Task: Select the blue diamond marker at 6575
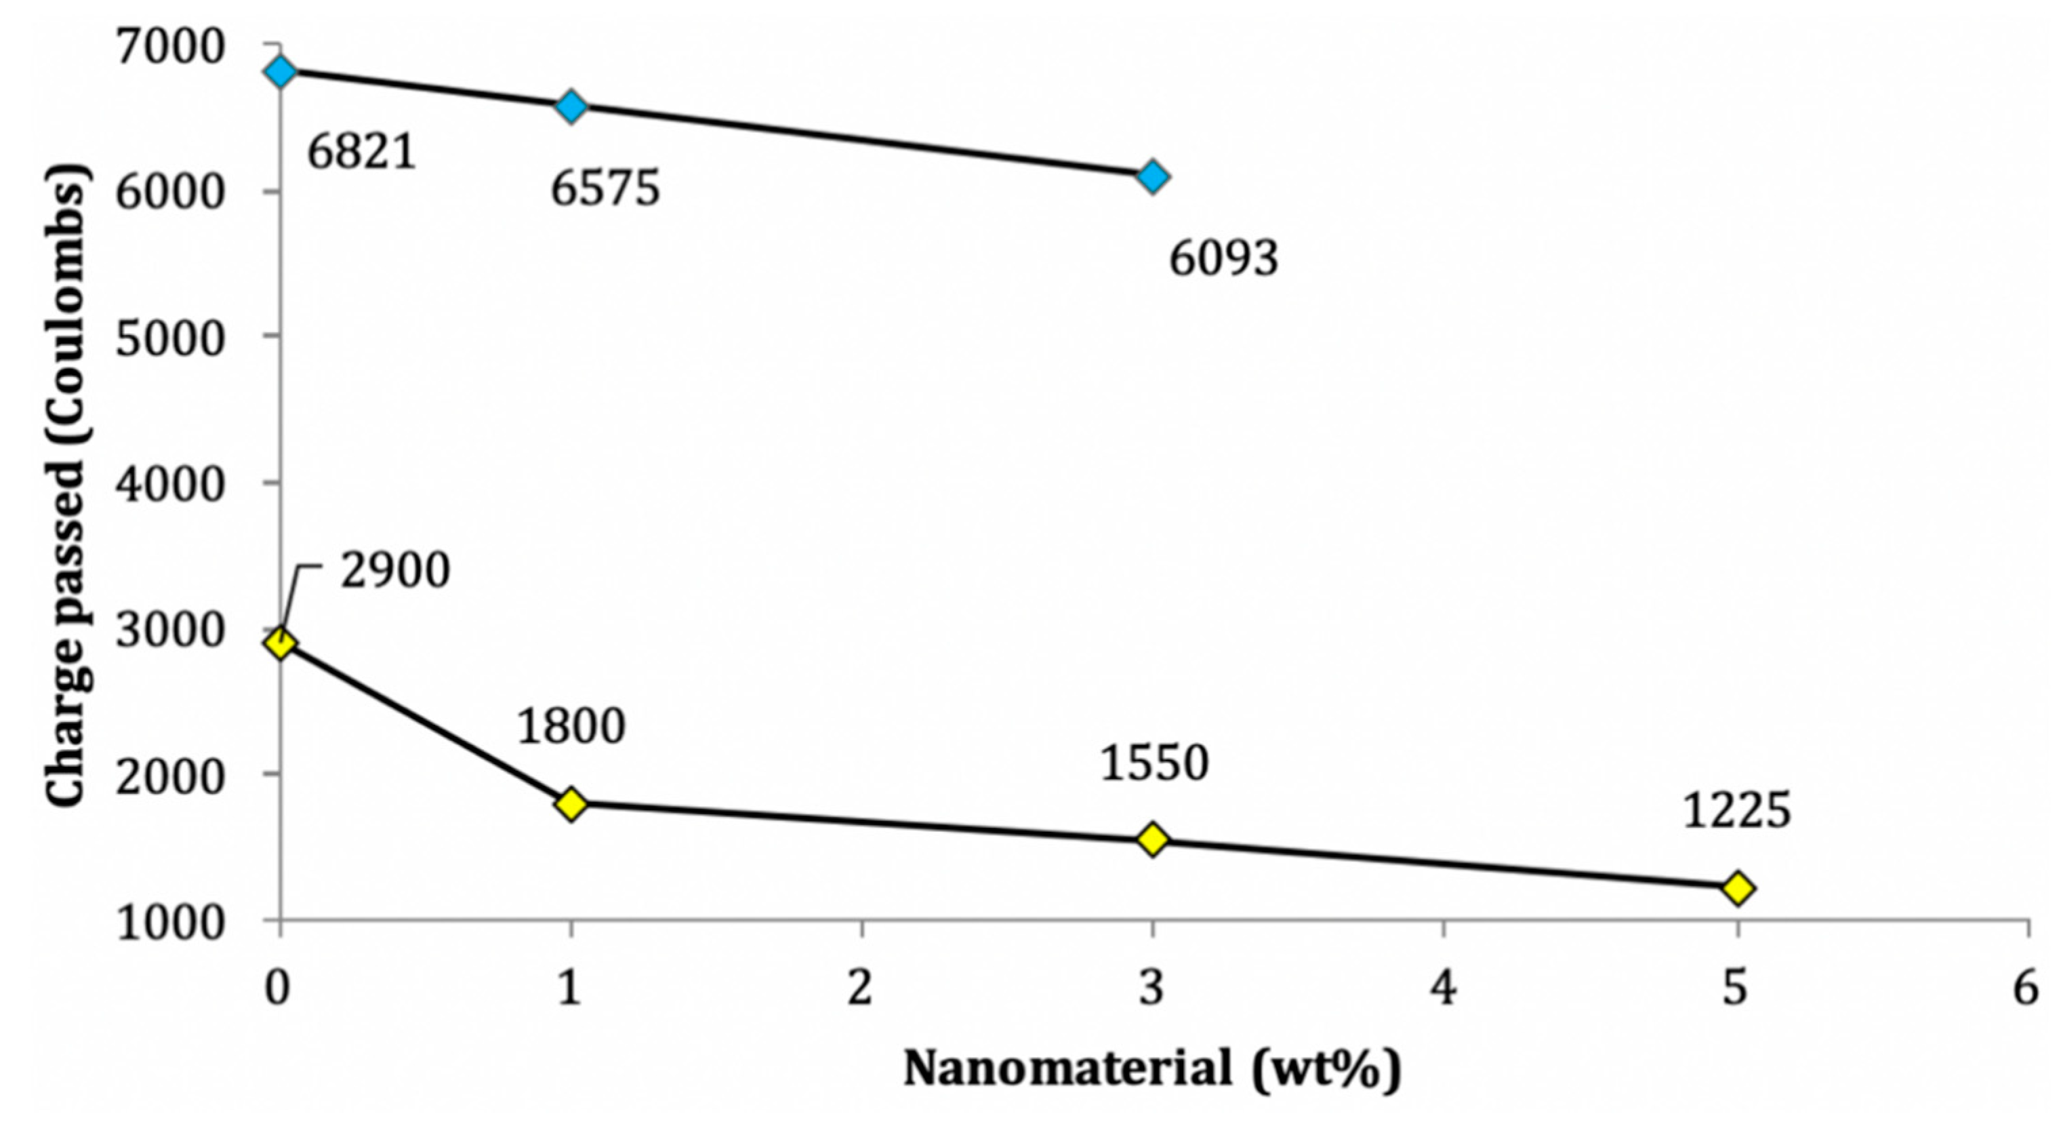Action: tap(571, 106)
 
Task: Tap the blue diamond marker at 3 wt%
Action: tap(1152, 176)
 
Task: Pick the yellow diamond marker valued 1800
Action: tap(571, 803)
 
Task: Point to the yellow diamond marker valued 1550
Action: tap(1152, 839)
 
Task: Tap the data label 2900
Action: tap(395, 572)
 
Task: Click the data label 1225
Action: tap(1735, 812)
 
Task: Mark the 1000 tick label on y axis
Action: tap(168, 923)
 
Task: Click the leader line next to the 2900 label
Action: tap(300, 588)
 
